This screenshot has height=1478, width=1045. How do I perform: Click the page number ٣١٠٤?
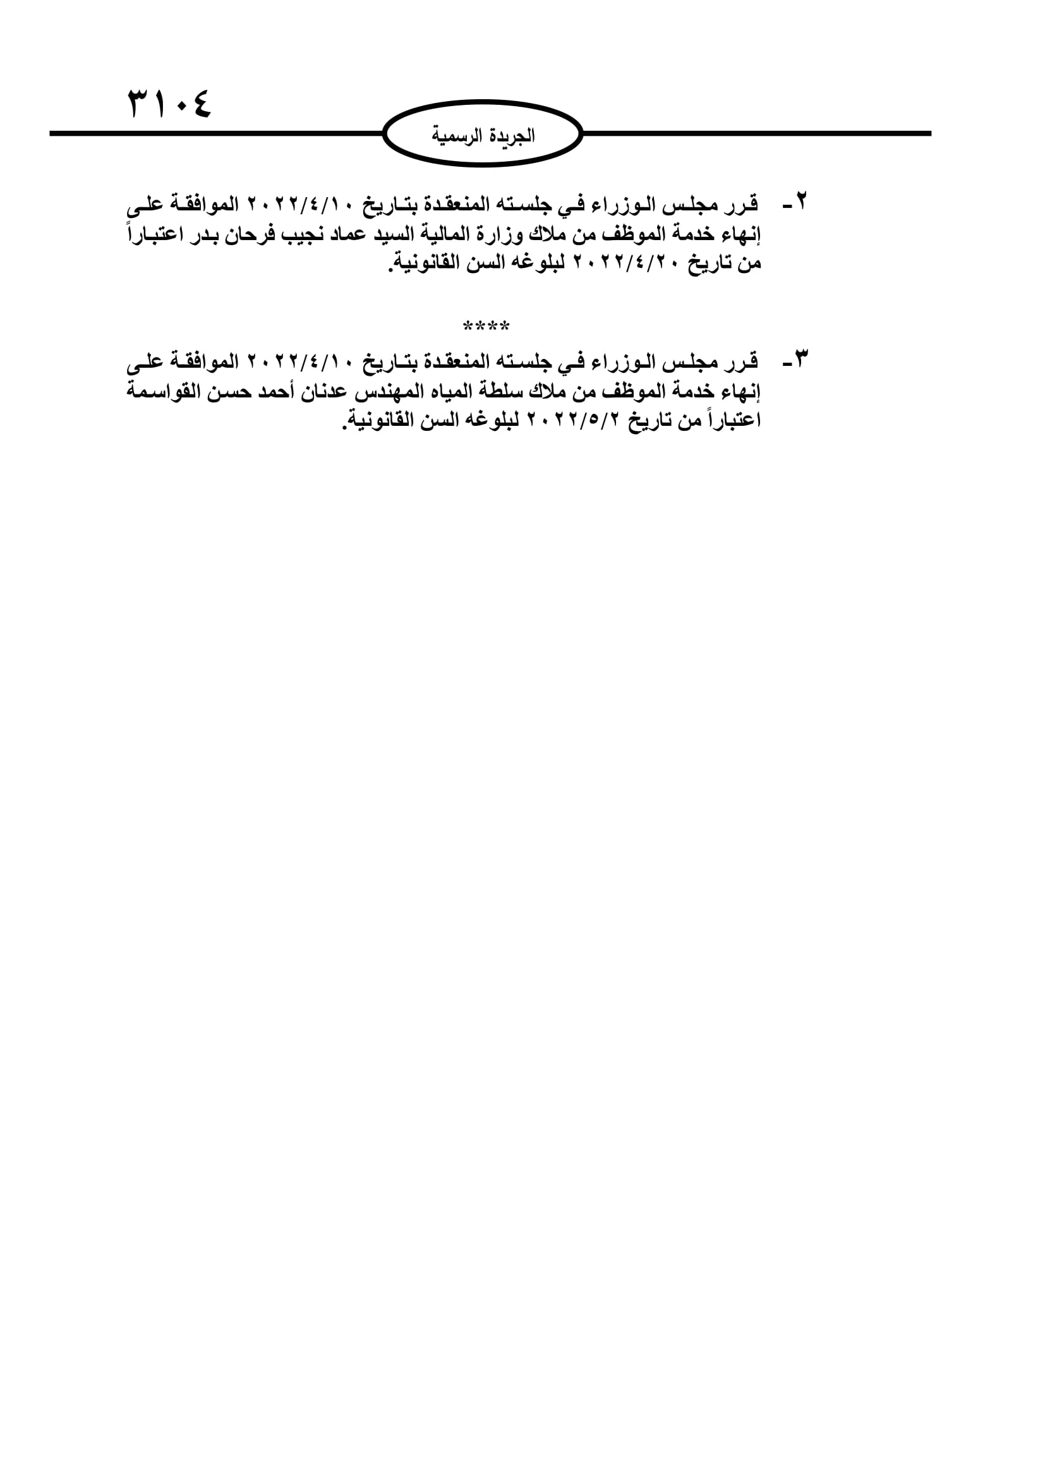click(170, 104)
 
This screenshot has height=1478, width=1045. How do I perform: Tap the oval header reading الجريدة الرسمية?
click(483, 135)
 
